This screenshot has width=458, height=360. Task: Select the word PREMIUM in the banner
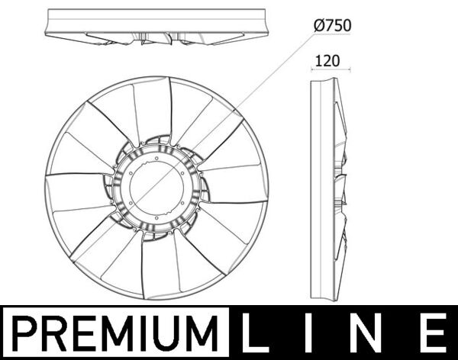click(117, 333)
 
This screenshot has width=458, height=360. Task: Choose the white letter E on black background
click(432, 333)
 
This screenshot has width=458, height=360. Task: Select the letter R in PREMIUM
click(55, 333)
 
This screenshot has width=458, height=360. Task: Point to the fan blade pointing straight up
click(152, 107)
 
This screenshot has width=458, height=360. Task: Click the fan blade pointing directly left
click(76, 191)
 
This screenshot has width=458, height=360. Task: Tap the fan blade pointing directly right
click(237, 183)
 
